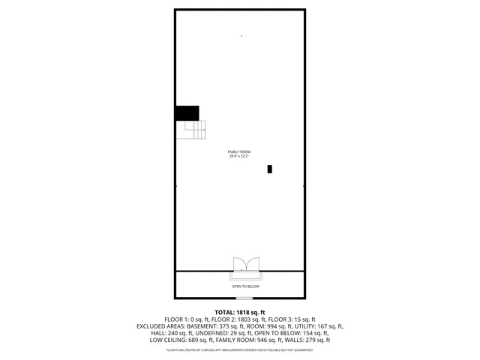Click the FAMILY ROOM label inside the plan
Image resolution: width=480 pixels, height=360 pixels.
(239, 152)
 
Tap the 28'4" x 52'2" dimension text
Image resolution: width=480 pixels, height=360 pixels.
(239, 157)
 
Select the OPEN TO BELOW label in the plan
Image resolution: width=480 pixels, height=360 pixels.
(245, 286)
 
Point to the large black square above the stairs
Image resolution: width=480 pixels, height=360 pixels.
(187, 112)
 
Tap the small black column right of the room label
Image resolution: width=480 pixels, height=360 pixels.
(270, 169)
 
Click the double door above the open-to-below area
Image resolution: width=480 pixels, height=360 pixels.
(245, 263)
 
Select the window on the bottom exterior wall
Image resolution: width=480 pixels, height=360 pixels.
(244, 298)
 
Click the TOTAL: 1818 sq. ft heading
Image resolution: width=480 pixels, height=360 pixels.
(240, 312)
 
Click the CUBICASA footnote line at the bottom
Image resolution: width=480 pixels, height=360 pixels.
(240, 349)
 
